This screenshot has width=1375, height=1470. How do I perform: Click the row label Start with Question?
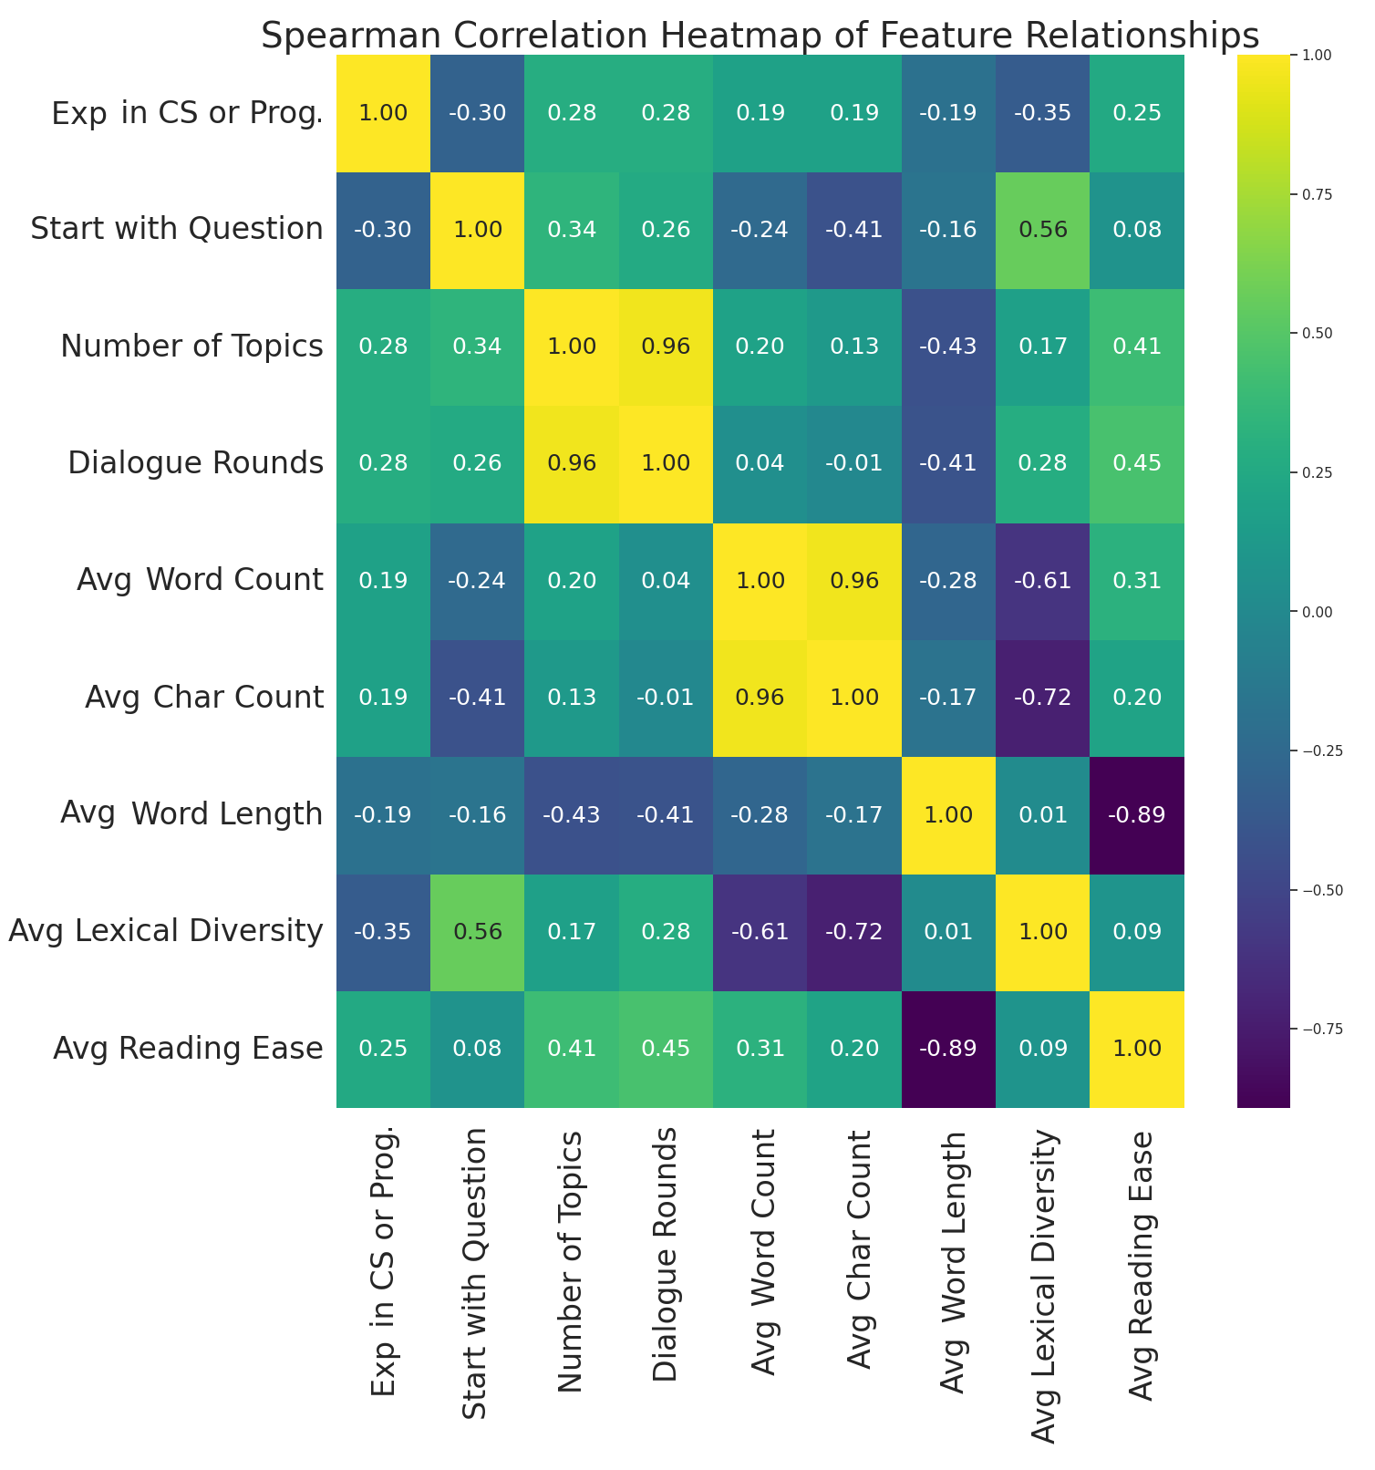coord(177,230)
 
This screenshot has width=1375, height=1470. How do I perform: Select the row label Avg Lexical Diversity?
coord(165,932)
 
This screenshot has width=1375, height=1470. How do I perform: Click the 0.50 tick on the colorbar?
coord(1311,334)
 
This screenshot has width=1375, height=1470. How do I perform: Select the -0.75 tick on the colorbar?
coord(1313,1029)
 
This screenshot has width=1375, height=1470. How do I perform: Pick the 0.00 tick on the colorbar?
coord(1311,612)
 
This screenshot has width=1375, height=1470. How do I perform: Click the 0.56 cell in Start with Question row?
coord(1043,230)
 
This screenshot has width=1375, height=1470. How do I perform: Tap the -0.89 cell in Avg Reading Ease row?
coord(949,1049)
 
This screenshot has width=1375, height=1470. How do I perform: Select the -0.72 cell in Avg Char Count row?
coord(1043,698)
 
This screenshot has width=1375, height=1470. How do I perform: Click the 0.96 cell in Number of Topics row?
coord(666,347)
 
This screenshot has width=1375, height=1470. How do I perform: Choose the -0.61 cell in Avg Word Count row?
coord(1043,581)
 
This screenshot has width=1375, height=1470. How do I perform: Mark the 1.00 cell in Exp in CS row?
coord(383,113)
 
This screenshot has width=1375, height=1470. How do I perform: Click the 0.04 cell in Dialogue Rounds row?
coord(760,463)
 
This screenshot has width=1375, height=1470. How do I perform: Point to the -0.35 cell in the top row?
coord(1043,113)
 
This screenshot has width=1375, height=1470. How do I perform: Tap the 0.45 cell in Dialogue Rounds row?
coord(1137,463)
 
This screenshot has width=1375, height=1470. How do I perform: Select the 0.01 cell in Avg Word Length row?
coord(1043,814)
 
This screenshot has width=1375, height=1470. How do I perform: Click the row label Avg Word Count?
coord(201,581)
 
